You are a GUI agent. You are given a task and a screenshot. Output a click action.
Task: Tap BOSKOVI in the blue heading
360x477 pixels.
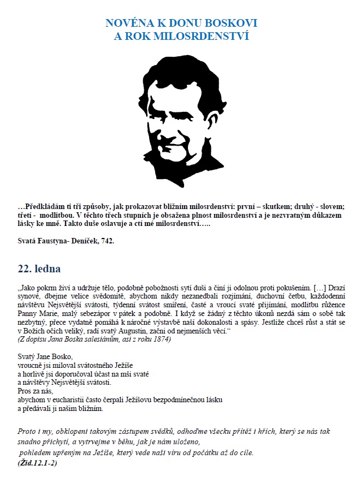pos(232,23)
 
